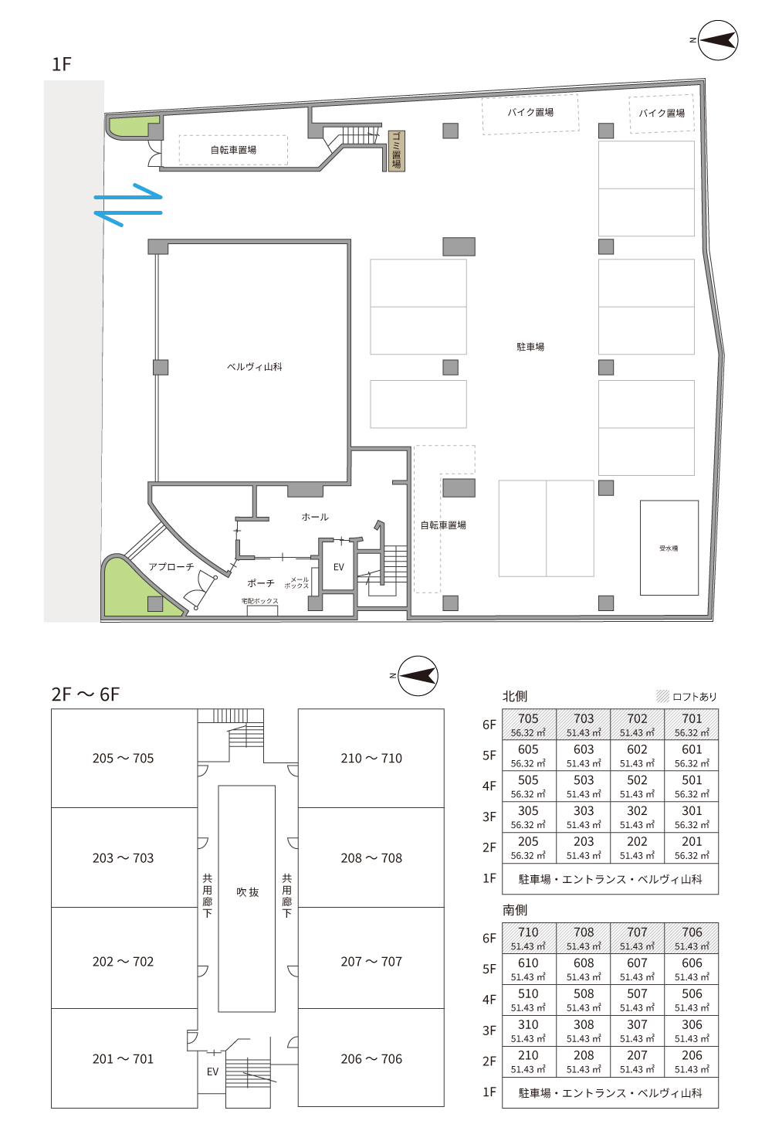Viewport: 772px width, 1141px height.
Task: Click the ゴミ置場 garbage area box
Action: tap(397, 151)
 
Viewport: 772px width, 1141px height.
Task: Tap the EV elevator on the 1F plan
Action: tap(338, 565)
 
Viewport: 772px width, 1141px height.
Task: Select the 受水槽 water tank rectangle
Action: tap(669, 548)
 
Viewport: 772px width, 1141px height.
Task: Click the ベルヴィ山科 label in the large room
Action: tap(255, 367)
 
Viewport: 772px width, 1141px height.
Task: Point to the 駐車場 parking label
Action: tap(530, 347)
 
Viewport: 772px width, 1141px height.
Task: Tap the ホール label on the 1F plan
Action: tap(315, 517)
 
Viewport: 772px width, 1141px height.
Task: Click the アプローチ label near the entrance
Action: tap(171, 566)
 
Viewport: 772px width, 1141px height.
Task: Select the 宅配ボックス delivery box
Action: tap(262, 610)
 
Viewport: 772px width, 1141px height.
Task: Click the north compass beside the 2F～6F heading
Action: tap(418, 676)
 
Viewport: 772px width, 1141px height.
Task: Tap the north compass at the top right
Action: tap(717, 40)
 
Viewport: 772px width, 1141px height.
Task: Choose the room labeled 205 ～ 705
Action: tap(124, 758)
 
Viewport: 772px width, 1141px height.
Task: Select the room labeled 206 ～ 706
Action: tap(371, 1058)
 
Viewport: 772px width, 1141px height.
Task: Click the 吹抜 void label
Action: tap(247, 892)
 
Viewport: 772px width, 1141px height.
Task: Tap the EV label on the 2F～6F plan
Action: tap(213, 1071)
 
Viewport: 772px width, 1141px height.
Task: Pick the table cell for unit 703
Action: tap(583, 725)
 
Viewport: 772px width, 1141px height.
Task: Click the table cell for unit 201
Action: tap(692, 847)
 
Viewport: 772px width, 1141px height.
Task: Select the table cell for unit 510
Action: tap(529, 1000)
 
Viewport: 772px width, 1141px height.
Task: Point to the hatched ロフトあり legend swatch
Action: tap(662, 696)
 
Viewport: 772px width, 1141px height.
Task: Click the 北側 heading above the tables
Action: tap(514, 696)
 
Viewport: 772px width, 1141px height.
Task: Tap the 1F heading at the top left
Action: tap(62, 64)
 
